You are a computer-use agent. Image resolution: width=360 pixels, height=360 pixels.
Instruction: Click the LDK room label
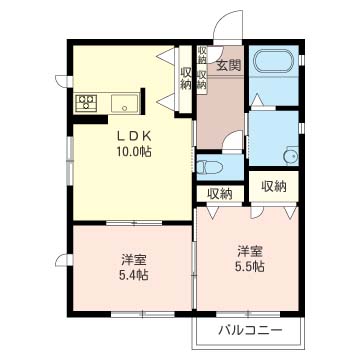tap(133, 136)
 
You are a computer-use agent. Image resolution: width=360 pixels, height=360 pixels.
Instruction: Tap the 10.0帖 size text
tap(134, 152)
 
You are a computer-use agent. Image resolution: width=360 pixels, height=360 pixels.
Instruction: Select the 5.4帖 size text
tap(133, 275)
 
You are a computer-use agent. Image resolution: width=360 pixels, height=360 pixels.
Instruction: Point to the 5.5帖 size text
tap(250, 266)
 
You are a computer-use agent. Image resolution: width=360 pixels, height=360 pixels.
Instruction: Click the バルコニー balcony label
tap(251, 331)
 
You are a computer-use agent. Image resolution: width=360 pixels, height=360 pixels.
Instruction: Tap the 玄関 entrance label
tap(229, 65)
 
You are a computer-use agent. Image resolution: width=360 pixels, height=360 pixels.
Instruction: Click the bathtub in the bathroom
tap(274, 61)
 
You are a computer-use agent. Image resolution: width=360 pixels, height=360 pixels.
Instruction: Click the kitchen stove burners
tap(86, 103)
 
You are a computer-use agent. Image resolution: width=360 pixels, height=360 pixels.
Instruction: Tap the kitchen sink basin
tap(125, 103)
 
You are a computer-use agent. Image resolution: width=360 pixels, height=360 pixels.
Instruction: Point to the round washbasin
tap(291, 156)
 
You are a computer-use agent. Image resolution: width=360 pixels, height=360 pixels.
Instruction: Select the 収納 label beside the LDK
tap(186, 78)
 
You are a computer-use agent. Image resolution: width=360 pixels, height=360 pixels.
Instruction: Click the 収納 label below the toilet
tap(220, 193)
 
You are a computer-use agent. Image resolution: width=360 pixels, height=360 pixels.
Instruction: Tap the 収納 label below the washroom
tap(274, 187)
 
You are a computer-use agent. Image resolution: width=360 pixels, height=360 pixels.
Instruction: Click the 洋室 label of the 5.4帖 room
tap(133, 259)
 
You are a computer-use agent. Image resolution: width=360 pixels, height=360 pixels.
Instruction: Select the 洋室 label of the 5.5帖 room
tap(250, 251)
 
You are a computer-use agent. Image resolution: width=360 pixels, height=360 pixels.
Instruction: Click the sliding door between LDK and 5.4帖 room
tap(134, 223)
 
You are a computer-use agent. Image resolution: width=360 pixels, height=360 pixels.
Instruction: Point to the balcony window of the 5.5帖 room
tap(248, 314)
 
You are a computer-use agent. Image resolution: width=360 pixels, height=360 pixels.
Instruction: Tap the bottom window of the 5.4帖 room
tap(143, 314)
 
